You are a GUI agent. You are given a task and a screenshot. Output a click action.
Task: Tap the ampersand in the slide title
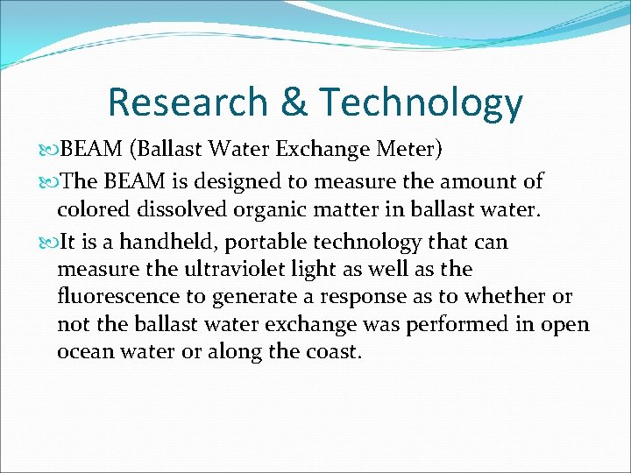(x=294, y=102)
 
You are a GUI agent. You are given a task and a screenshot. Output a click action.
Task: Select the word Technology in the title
(x=421, y=102)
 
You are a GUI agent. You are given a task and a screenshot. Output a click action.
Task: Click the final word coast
(x=330, y=353)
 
